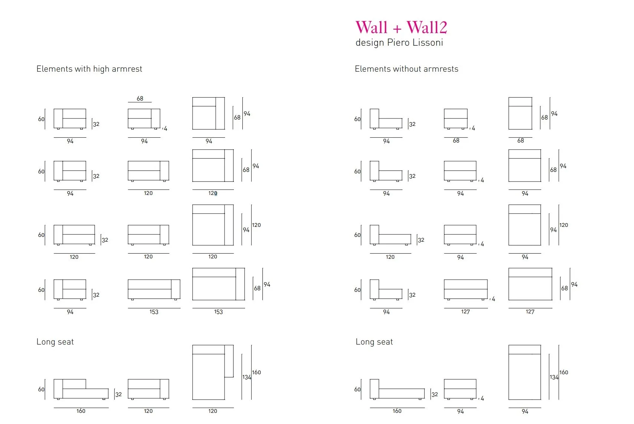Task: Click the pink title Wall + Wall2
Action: (401, 27)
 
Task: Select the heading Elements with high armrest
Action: (89, 69)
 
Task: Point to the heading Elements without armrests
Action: (406, 69)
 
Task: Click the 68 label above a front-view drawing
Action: (140, 98)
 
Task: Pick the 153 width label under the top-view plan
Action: (218, 312)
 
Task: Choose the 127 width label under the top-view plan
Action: (530, 312)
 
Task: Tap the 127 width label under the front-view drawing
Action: (465, 312)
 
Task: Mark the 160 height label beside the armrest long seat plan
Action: (256, 372)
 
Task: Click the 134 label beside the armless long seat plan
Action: (554, 377)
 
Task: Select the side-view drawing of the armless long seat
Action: (397, 390)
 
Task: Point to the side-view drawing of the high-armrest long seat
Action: (81, 390)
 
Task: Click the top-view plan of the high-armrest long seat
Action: (213, 372)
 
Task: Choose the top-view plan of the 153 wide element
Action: (218, 284)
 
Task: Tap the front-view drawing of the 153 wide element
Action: (154, 289)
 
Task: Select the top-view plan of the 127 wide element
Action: (530, 284)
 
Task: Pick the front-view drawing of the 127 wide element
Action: (465, 290)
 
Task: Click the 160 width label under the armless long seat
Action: (397, 411)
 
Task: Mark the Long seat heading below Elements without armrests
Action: (374, 342)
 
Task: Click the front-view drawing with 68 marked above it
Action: (144, 119)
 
